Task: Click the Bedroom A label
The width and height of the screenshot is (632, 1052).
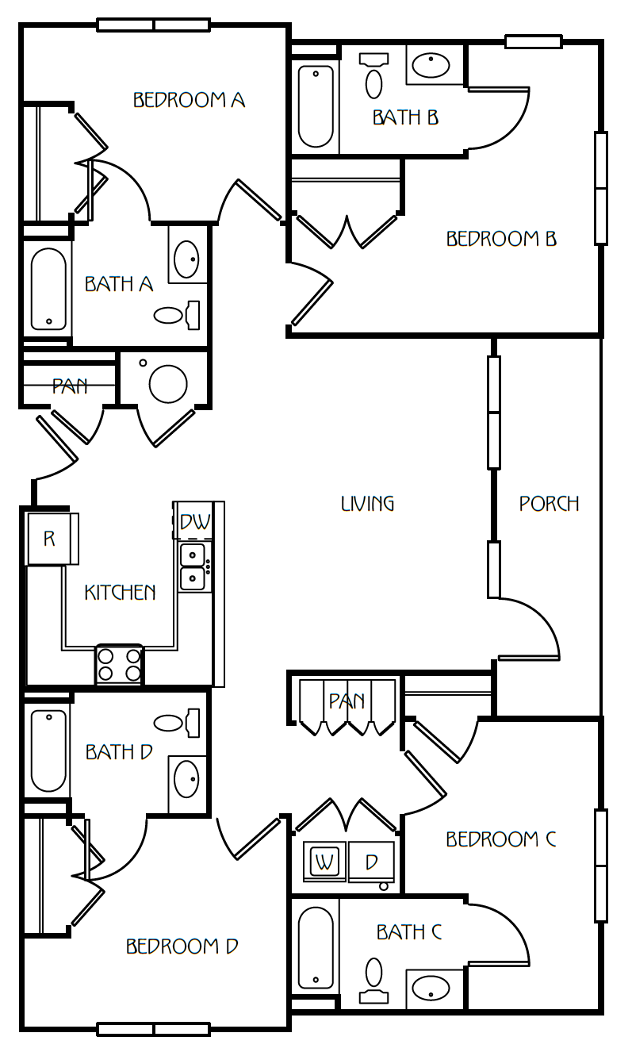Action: coord(189,100)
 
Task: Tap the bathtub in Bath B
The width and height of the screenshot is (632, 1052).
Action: coord(316,106)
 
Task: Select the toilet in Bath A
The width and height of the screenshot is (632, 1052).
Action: coord(177,315)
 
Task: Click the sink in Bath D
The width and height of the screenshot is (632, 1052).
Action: coord(186,779)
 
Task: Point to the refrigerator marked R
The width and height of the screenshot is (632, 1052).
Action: coord(52,539)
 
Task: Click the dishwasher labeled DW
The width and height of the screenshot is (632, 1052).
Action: coord(194,520)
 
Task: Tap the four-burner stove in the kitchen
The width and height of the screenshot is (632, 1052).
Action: coord(119,665)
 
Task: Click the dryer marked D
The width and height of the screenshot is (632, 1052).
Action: coord(372,862)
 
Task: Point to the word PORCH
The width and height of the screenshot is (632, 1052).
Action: coord(549,504)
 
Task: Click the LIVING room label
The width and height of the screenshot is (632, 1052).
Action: coord(367,504)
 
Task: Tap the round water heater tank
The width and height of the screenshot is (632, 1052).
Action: coord(168,384)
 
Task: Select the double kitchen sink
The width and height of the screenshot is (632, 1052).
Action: coord(193,566)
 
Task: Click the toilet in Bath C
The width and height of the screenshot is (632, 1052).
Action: coord(373,979)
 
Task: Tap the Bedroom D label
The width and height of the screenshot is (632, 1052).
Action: coord(182,946)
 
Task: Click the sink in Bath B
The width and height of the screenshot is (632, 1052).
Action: coord(431,65)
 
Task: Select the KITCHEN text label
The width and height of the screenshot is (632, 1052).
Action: coord(120,592)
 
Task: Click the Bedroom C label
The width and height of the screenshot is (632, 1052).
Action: coord(501,839)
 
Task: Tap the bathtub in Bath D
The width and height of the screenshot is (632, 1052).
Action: coord(48,751)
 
